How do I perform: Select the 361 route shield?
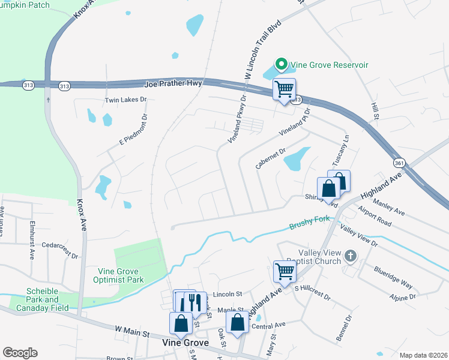pos(399,163)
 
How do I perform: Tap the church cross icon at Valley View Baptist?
pos(351,257)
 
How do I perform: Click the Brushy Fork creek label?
pos(310,223)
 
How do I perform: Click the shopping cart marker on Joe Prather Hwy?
pos(284,89)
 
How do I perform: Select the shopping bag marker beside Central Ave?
pos(238,322)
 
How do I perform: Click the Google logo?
pos(20,353)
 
